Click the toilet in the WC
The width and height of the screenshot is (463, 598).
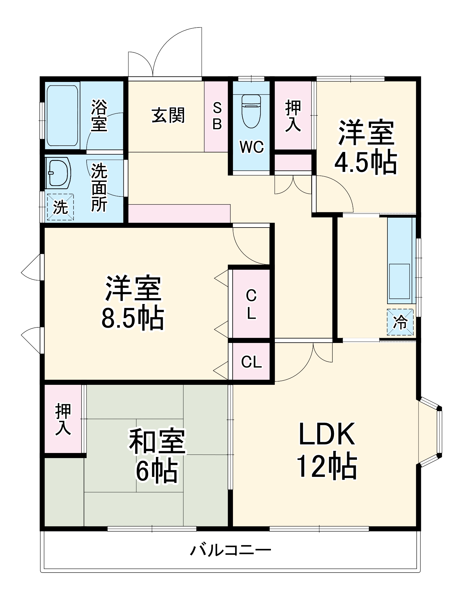(x=251, y=111)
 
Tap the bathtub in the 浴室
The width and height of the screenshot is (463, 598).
(x=62, y=115)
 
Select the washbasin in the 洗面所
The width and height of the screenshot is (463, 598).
(x=59, y=173)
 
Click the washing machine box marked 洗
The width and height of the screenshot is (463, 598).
(x=60, y=207)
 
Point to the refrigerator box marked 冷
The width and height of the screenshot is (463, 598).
(x=400, y=322)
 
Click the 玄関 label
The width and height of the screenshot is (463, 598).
(x=168, y=115)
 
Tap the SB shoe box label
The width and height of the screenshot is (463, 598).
(x=217, y=116)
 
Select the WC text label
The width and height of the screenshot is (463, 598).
(x=252, y=147)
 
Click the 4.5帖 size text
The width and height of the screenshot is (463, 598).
(x=366, y=163)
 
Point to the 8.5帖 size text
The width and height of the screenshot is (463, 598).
(x=133, y=318)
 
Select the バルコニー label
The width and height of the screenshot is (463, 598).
(x=231, y=550)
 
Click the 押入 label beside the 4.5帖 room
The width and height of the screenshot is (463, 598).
(x=293, y=116)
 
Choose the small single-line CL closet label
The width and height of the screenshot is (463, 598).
(x=251, y=362)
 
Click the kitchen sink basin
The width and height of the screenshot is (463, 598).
(x=399, y=281)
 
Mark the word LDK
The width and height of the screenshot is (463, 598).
(x=327, y=434)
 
